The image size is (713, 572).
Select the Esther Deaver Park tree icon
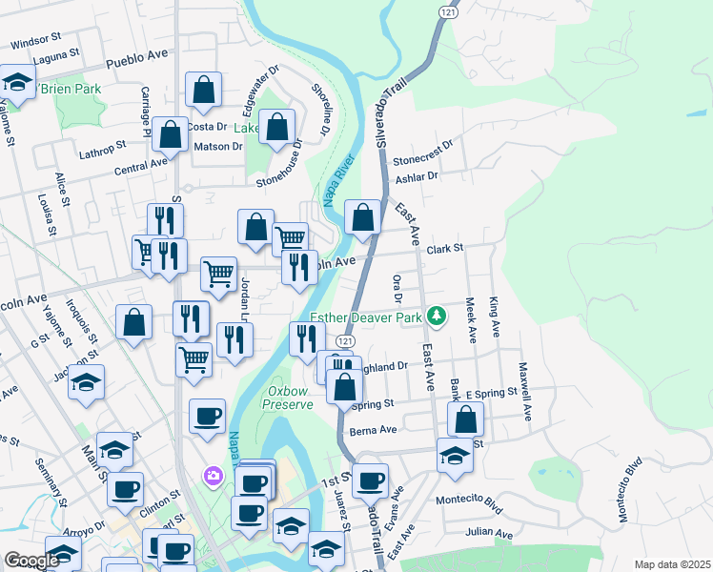pos(436,314)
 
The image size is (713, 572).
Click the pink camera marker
pos(213,474)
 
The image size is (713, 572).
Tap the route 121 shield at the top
pos(447,9)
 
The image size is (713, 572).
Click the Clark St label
pos(444,248)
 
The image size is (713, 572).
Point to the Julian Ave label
pos(490,532)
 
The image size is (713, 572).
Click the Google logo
pos(31,561)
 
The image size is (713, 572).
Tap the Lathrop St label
pos(103,150)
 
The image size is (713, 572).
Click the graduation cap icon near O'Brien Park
pos(17,84)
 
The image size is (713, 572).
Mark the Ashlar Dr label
pos(418,176)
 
